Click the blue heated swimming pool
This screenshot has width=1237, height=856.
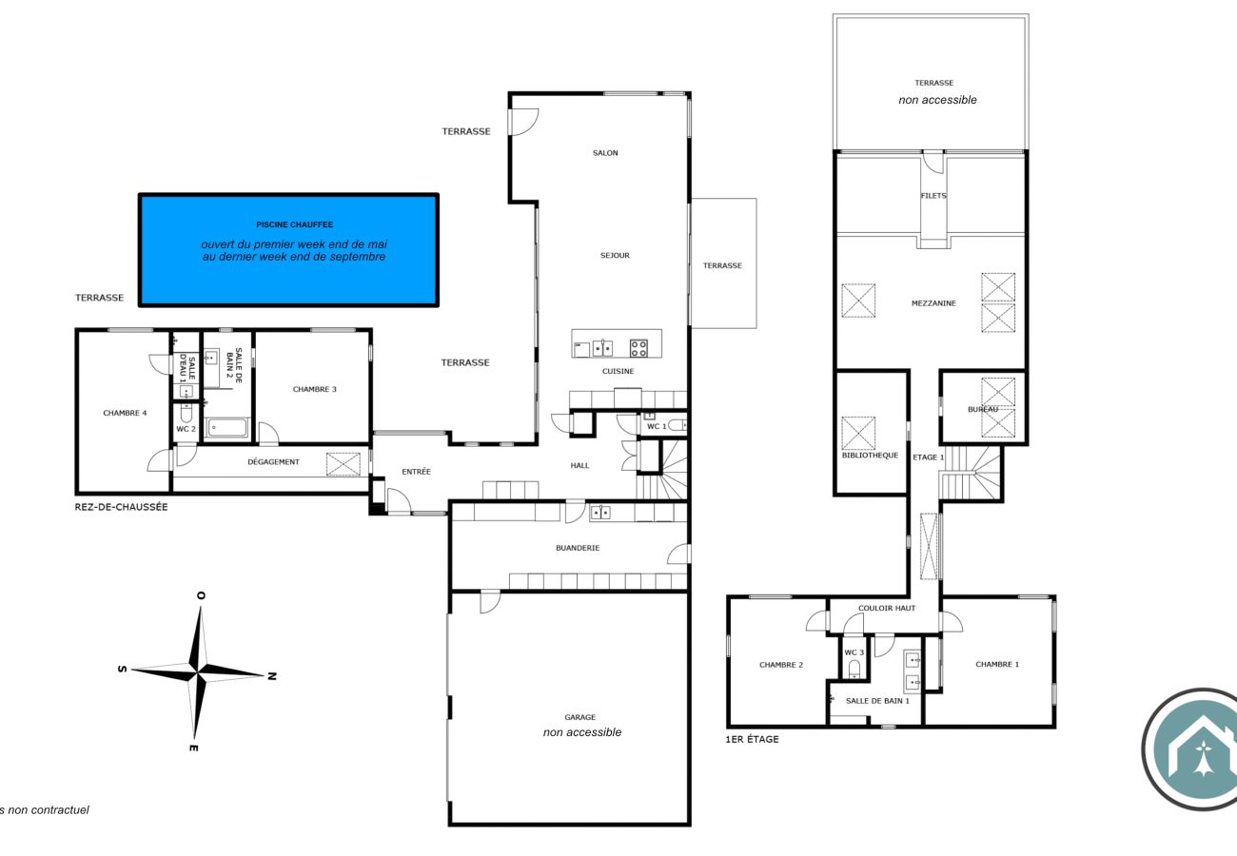(288, 250)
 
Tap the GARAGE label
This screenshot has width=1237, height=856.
(579, 717)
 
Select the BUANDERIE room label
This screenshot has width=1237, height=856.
(578, 548)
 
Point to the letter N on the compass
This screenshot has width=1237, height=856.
(271, 676)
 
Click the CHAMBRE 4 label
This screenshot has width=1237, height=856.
(125, 413)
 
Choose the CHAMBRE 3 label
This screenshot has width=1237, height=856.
(314, 389)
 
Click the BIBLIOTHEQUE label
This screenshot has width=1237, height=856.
(870, 455)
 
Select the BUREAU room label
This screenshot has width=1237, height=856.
(983, 410)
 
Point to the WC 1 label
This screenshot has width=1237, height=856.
(656, 426)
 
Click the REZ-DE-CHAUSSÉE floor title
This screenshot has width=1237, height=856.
(121, 507)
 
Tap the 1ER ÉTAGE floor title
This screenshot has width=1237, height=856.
(752, 739)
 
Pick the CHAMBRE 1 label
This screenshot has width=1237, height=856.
(996, 664)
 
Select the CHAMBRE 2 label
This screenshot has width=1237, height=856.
(781, 665)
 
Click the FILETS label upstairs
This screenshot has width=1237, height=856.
(933, 196)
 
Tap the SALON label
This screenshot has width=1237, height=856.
(605, 152)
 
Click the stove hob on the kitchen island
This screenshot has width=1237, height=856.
(638, 347)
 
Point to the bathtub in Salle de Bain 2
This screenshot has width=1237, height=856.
(227, 428)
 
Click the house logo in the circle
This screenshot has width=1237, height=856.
(1203, 749)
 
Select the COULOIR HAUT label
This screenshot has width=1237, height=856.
(886, 608)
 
